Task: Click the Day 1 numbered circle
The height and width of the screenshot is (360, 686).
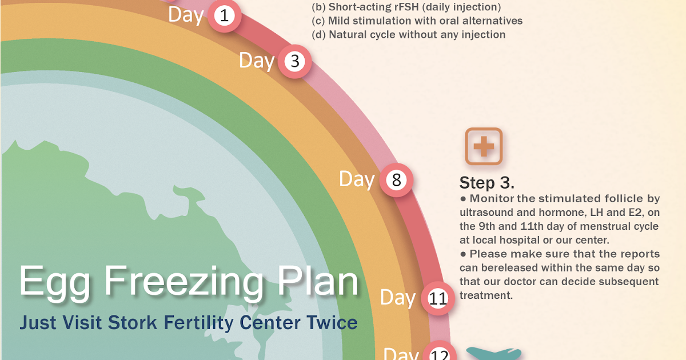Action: (x=224, y=16)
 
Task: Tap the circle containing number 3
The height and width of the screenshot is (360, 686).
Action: (x=295, y=62)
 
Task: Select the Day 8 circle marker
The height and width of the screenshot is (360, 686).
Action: (x=396, y=181)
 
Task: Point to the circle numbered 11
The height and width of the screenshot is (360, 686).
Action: (x=438, y=298)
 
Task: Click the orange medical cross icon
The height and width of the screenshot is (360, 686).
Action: (x=484, y=147)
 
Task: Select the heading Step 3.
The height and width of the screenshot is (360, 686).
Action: (x=487, y=183)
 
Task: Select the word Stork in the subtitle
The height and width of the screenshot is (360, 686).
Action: (x=137, y=322)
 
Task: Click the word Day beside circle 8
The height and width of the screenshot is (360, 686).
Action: (x=357, y=179)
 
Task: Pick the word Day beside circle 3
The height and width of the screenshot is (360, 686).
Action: (x=256, y=60)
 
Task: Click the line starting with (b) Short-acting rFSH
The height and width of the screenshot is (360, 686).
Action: (x=406, y=7)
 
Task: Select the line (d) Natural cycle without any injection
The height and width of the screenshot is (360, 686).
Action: (x=409, y=35)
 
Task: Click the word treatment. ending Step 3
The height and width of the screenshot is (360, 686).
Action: (x=486, y=295)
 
